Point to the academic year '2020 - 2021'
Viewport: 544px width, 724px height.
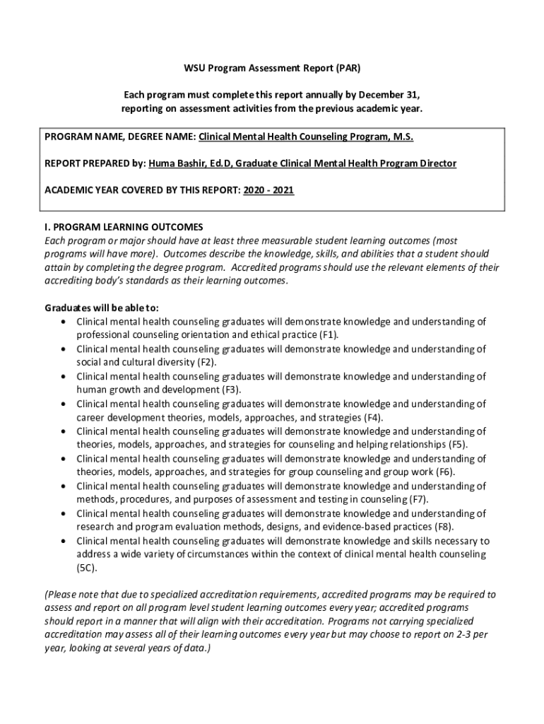point(268,191)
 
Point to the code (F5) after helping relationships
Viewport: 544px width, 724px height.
point(458,445)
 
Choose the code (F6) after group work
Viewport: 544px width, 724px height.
point(446,472)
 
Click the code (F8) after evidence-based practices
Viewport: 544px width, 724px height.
point(445,527)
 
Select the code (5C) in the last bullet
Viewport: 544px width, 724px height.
point(88,568)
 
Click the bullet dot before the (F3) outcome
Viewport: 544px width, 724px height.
point(64,378)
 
